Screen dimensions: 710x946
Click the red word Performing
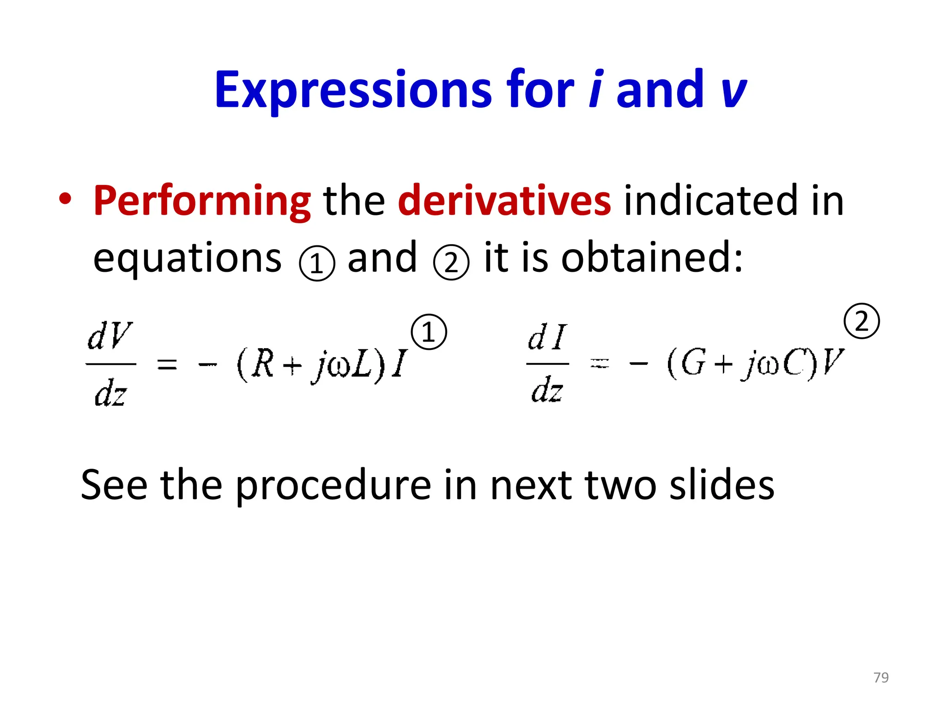coord(202,201)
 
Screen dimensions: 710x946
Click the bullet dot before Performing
coord(66,199)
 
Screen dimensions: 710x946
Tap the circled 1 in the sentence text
coord(317,263)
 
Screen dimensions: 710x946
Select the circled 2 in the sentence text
coord(451,262)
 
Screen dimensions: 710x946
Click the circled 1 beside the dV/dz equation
coord(429,332)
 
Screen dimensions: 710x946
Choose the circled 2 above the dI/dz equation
coord(861,321)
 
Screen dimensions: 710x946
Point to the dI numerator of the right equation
coord(547,337)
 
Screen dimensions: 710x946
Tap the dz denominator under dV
coord(110,393)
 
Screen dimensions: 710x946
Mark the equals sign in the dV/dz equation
coord(167,365)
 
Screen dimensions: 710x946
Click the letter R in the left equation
coord(264,364)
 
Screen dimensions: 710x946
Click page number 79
coord(881,677)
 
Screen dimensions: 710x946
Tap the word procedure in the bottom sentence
coord(333,486)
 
